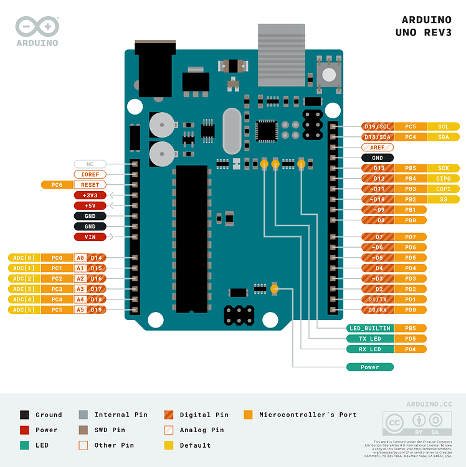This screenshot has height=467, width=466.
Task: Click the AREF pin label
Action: pyautogui.click(x=377, y=148)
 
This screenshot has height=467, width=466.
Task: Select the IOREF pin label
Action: pyautogui.click(x=90, y=174)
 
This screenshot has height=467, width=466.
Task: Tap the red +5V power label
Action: pyautogui.click(x=90, y=205)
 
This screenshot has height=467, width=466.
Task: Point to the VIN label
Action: pyautogui.click(x=90, y=237)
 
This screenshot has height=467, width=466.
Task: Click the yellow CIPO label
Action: pyautogui.click(x=443, y=179)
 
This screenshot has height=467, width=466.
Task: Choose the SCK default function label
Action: pyautogui.click(x=443, y=168)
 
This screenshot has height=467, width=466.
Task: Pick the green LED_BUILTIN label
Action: pyautogui.click(x=369, y=328)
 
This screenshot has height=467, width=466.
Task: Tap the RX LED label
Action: pyautogui.click(x=369, y=349)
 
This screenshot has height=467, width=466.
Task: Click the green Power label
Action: pyautogui.click(x=369, y=367)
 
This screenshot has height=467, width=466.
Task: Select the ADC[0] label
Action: pyautogui.click(x=23, y=258)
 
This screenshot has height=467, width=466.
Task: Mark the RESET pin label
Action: pyautogui.click(x=90, y=185)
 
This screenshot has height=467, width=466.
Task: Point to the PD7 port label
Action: pyautogui.click(x=411, y=237)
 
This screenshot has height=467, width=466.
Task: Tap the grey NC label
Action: pyautogui.click(x=90, y=164)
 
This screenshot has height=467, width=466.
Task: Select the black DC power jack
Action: pyautogui.click(x=155, y=68)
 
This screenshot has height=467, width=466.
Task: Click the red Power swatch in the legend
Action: pyautogui.click(x=24, y=430)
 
